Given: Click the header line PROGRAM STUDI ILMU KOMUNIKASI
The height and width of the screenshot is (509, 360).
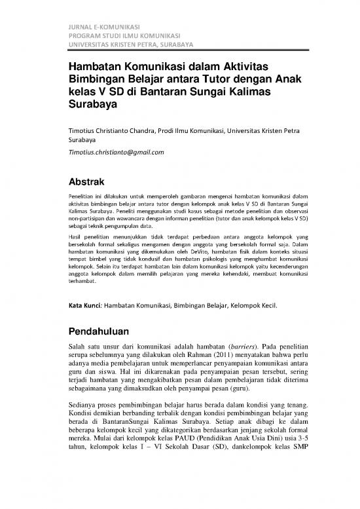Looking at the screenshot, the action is click(x=124, y=35).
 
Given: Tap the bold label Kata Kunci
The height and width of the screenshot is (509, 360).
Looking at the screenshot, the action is click(x=84, y=305).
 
